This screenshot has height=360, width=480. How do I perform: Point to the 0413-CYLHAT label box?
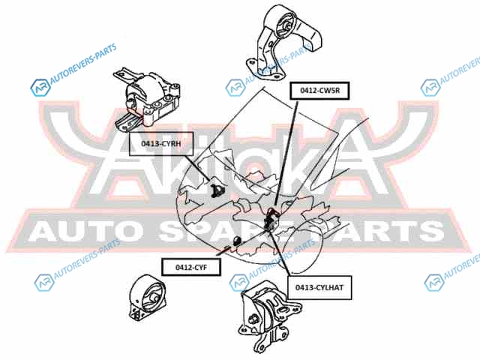pos(318,286)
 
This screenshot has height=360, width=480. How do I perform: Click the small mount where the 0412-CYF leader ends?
pos(237,240)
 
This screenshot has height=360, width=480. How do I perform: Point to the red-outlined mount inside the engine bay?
pos(273,217)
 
